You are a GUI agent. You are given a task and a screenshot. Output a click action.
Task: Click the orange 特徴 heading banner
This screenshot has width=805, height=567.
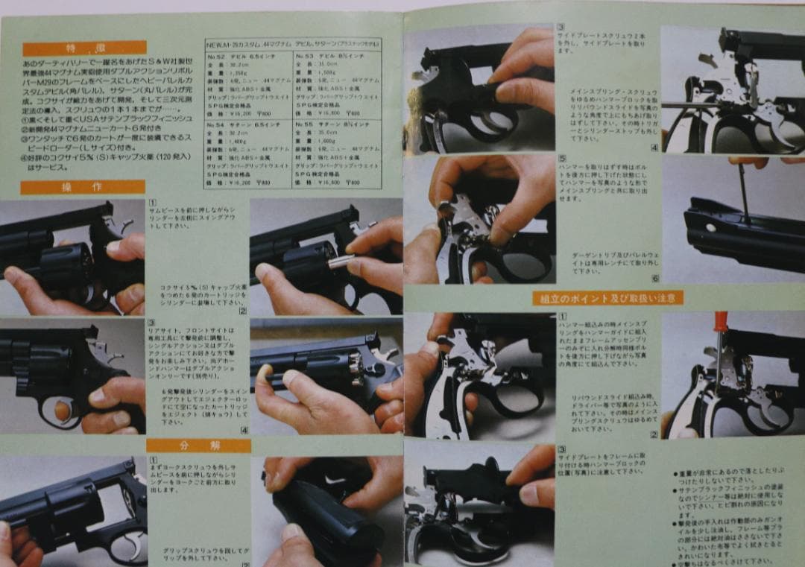[x=83, y=48]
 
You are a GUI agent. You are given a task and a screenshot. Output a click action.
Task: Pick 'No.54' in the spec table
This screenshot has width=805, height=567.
[x=218, y=125]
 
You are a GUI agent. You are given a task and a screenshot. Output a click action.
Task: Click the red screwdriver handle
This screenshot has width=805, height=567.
[x=720, y=322]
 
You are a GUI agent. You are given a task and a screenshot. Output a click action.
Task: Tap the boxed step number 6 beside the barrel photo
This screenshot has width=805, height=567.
[x=655, y=279]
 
